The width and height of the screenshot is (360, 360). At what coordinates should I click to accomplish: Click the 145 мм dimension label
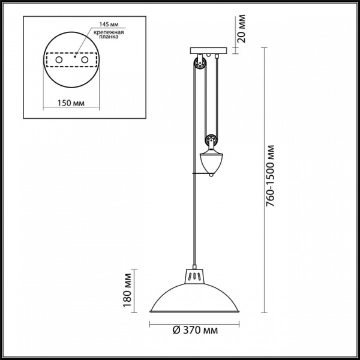coord(109,24)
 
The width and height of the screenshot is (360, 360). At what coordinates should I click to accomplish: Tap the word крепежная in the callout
coord(109,32)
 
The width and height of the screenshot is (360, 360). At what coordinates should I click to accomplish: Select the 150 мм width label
coord(71,103)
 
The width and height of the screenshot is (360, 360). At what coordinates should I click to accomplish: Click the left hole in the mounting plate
coord(59,60)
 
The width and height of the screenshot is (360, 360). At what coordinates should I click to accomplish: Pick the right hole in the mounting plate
coord(85,60)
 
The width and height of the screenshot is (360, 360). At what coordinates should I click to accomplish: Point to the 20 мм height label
coord(242,29)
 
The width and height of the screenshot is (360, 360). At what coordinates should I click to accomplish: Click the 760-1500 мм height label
coord(270,176)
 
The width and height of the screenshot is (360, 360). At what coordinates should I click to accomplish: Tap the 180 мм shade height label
coord(127,290)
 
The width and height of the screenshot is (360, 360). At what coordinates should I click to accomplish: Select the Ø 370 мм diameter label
coord(195,331)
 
